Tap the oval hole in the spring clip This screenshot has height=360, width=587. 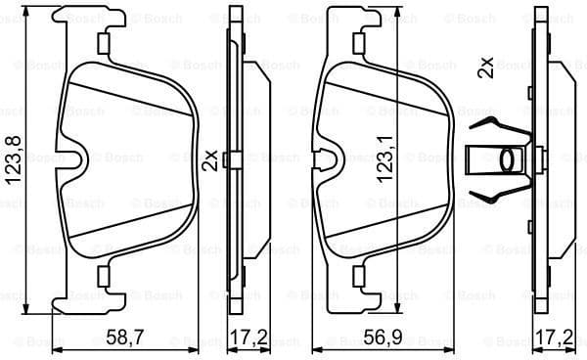point(507,158)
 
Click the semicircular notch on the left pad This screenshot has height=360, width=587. point(74,157)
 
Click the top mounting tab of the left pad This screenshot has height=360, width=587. point(102,41)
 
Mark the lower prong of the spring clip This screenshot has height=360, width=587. point(494,194)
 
